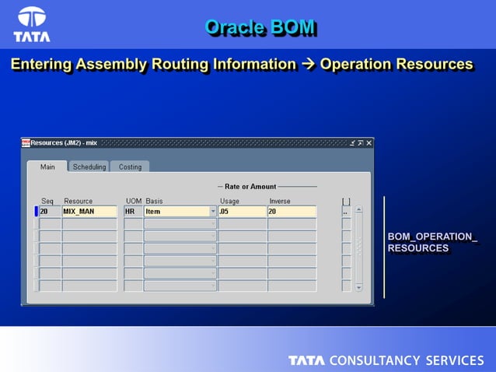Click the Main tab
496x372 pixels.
pyautogui.click(x=47, y=167)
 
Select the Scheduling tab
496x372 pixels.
pyautogui.click(x=89, y=167)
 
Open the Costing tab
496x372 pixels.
pyautogui.click(x=130, y=167)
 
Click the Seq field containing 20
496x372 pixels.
pyautogui.click(x=50, y=211)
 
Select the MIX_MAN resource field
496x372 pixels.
pyautogui.click(x=89, y=211)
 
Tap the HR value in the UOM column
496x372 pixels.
pyautogui.click(x=133, y=211)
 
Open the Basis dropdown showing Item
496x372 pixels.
pyautogui.click(x=213, y=211)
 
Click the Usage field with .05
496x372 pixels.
pyautogui.click(x=242, y=211)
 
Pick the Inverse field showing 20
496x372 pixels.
pyautogui.click(x=292, y=211)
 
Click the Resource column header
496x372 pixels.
pyautogui.click(x=78, y=201)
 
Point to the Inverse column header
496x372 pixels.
pyautogui.click(x=279, y=201)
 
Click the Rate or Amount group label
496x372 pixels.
pyautogui.click(x=250, y=187)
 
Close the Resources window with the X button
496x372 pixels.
pyautogui.click(x=369, y=142)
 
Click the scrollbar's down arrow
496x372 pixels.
pyautogui.click(x=358, y=286)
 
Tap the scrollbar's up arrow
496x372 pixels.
pyautogui.click(x=358, y=209)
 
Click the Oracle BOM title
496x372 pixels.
pyautogui.click(x=260, y=27)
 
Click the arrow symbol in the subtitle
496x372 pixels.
pyautogui.click(x=308, y=65)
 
